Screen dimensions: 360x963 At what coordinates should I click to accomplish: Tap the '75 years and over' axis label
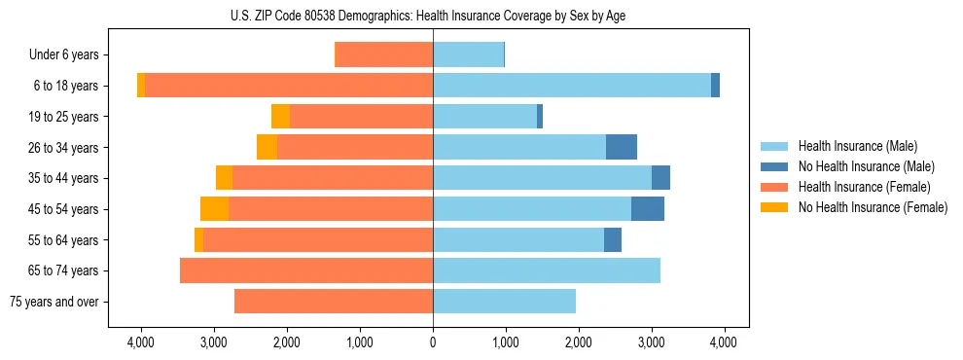[53, 302]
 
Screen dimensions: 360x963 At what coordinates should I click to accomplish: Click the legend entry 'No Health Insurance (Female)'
[872, 207]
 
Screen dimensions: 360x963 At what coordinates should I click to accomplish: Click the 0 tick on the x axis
[433, 342]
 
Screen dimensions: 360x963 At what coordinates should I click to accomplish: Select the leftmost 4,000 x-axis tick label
[141, 342]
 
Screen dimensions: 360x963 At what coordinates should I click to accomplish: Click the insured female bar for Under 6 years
[383, 55]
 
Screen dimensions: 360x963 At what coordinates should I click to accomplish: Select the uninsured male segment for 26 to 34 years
[622, 147]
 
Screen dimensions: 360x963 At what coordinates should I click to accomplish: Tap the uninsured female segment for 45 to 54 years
[214, 209]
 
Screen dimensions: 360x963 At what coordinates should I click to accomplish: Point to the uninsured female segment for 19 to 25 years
[280, 117]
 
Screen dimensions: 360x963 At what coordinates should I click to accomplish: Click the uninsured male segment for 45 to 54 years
[648, 209]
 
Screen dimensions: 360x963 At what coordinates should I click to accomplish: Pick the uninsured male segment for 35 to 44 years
[660, 178]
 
